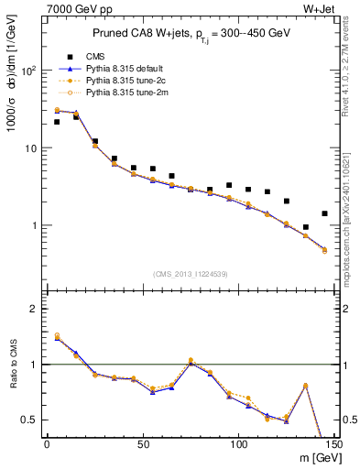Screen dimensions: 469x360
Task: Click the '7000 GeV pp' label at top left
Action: pyautogui.click(x=72, y=8)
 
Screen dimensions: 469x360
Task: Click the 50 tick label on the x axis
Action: pyautogui.click(x=142, y=444)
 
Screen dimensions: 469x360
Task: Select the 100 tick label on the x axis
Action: pyautogui.click(x=238, y=444)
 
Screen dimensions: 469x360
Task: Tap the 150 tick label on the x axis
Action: pyautogui.click(x=333, y=444)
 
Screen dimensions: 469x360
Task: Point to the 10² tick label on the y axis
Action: pyautogui.click(x=29, y=71)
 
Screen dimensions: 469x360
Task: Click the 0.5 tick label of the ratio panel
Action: pyautogui.click(x=29, y=420)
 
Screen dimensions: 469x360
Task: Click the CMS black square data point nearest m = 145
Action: pyautogui.click(x=324, y=213)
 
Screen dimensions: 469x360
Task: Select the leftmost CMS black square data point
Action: pyautogui.click(x=57, y=122)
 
